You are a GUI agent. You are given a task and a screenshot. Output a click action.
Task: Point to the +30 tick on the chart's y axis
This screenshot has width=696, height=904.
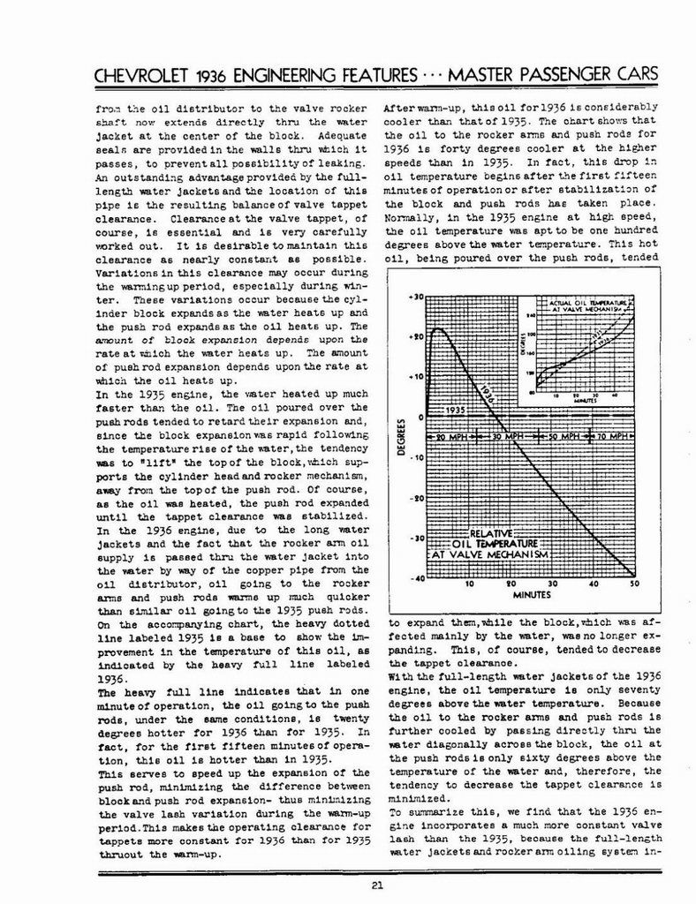(x=415, y=297)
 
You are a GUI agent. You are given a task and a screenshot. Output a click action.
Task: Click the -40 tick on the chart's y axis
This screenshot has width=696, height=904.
(x=415, y=578)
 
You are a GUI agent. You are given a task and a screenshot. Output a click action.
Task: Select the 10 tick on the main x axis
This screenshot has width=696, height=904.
(x=470, y=584)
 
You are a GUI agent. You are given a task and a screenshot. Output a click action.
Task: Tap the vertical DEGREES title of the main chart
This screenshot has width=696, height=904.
(x=400, y=438)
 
